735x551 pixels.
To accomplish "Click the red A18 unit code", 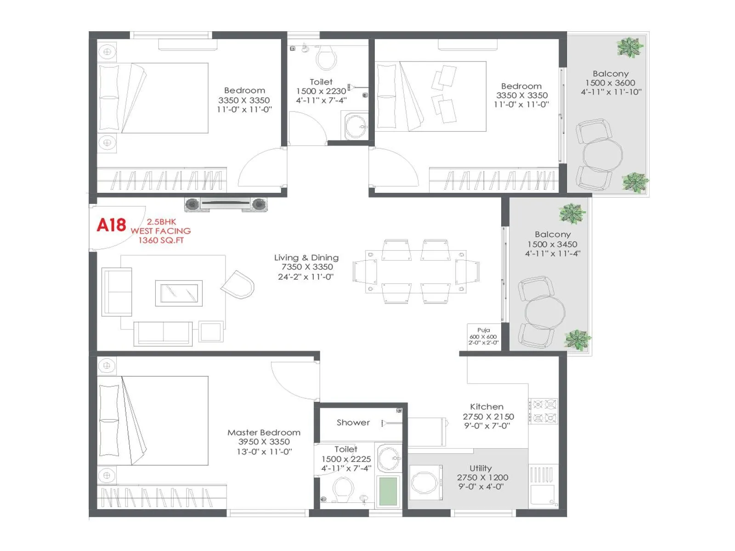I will coord(111,225).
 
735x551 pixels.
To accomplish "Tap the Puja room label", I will coord(483,330).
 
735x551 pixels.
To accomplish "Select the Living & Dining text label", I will coord(306,258).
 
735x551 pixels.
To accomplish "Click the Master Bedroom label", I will coord(264,433).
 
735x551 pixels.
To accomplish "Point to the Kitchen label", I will coord(486,407).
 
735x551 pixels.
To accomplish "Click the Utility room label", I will coord(481,468).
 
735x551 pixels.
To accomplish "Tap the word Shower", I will coord(353,422).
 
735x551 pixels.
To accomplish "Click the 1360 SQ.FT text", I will coord(161,240).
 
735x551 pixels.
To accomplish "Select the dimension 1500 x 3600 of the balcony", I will coord(610,83).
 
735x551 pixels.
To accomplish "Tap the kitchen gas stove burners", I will coord(543,411).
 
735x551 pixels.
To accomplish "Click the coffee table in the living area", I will coord(179,293).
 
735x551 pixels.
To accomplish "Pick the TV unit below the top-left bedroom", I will coord(226,204).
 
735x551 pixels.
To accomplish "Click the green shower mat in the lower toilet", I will coord(388,491).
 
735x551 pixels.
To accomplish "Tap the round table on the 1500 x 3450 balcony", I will coord(545,313).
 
